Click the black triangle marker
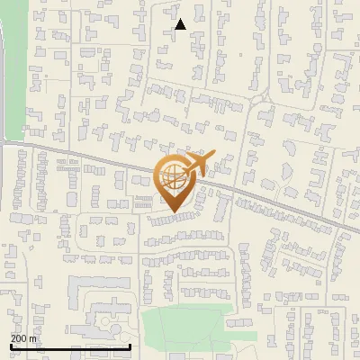coord(181,24)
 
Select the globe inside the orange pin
coord(173,178)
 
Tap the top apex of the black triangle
coord(181,19)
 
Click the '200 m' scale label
coord(24,337)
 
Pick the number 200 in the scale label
coord(20,337)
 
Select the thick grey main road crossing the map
coord(90,155)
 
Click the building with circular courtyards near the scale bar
coord(106,320)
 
